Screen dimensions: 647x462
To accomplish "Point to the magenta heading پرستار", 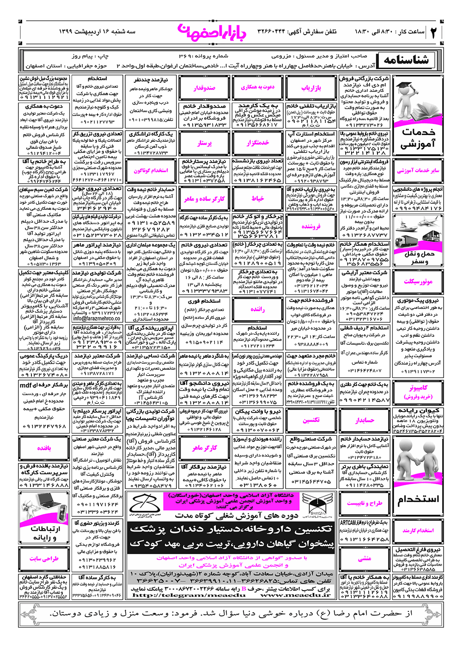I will click(x=204, y=143).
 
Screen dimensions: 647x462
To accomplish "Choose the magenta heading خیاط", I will click(x=258, y=199).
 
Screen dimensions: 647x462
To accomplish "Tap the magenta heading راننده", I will click(x=258, y=310).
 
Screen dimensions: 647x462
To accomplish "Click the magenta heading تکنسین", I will click(x=311, y=420).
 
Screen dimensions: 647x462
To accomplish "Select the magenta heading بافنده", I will click(x=44, y=448).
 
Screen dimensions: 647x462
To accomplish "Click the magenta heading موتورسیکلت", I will click(x=418, y=281).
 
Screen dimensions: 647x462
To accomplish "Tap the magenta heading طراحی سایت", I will click(x=44, y=559).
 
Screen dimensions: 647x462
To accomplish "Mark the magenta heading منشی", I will click(x=365, y=559).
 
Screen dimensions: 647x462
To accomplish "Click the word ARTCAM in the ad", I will click(x=348, y=523).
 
